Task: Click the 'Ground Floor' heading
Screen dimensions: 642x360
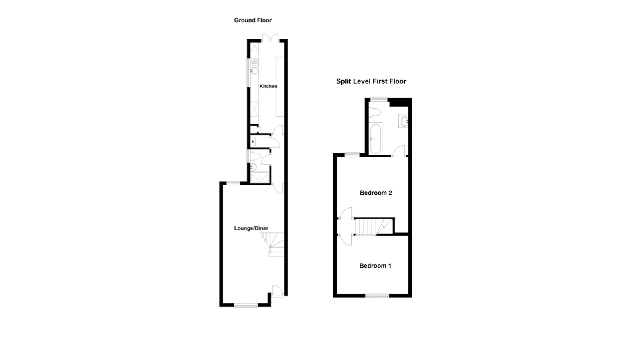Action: point(253,20)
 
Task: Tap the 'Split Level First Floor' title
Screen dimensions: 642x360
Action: point(371,81)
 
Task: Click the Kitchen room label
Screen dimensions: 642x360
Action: point(268,86)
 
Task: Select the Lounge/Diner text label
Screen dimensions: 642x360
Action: point(251,228)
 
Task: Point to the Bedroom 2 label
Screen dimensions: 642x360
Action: point(376,193)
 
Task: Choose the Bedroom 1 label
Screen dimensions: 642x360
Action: point(375,266)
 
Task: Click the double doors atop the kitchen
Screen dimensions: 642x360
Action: point(270,38)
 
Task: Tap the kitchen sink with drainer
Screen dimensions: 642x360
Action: point(254,67)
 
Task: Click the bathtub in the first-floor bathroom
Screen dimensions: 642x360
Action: point(376,139)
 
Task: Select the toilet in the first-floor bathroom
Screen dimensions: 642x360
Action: point(375,112)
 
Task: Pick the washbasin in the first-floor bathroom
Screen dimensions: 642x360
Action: point(404,121)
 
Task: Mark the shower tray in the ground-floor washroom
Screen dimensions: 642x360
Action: point(260,177)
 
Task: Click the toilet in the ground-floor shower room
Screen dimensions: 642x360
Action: point(255,157)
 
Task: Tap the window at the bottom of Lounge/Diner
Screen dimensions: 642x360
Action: point(246,305)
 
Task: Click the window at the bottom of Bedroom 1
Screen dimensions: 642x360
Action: point(377,296)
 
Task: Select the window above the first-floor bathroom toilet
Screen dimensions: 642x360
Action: point(379,99)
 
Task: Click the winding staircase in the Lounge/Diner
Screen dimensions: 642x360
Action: point(272,244)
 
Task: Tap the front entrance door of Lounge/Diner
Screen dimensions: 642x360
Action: point(277,291)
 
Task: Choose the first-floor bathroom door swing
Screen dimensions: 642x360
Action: point(398,151)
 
